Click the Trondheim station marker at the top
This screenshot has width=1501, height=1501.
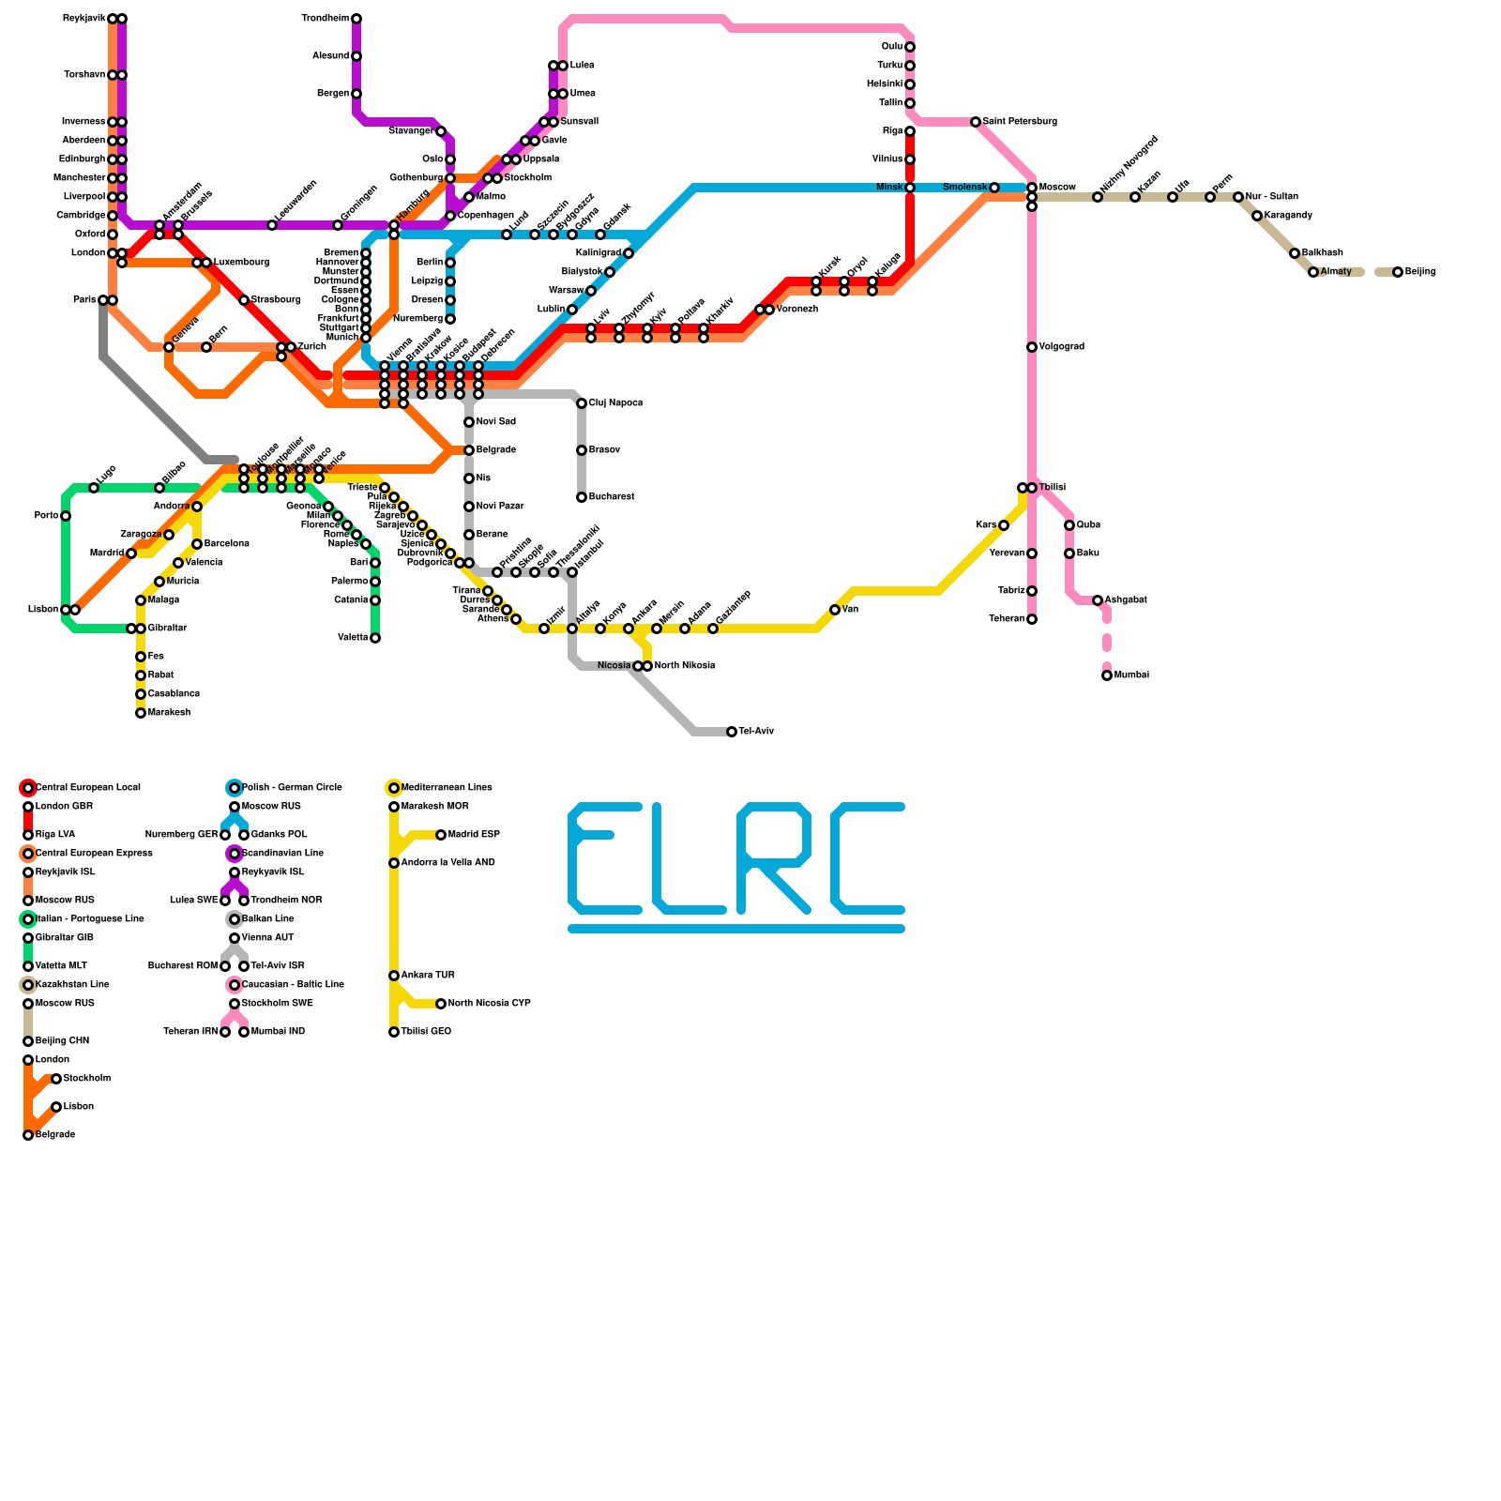point(356,19)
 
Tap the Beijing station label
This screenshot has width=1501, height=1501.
point(1420,272)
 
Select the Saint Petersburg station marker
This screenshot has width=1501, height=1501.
point(976,122)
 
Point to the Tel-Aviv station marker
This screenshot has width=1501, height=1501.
point(732,732)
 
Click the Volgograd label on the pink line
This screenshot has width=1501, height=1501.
point(1061,347)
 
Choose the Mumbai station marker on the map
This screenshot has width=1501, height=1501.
point(1107,675)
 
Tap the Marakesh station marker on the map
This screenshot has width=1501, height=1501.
point(141,713)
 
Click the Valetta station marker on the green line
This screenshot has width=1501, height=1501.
point(375,638)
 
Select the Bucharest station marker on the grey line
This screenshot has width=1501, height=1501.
point(582,497)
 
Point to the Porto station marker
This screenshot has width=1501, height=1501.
point(66,516)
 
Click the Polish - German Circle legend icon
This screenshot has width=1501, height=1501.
point(235,788)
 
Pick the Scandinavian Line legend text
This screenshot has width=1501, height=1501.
point(282,854)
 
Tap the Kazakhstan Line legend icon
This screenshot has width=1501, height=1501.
point(28,985)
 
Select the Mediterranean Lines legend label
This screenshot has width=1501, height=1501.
point(447,788)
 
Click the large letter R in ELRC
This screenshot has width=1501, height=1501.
point(774,858)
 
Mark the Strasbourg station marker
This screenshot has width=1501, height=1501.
point(244,300)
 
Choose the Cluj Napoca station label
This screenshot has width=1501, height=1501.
point(615,403)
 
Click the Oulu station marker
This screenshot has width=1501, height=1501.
point(910,47)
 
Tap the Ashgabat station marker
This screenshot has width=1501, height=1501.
point(1098,600)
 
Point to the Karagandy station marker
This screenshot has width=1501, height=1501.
point(1257,216)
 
